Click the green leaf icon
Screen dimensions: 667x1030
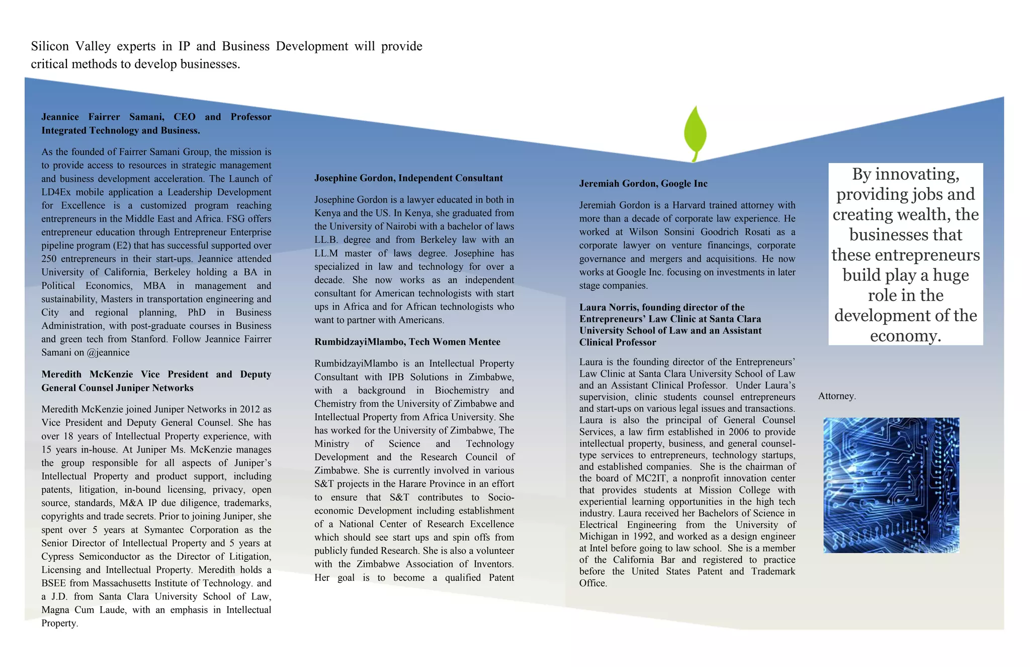[695, 132]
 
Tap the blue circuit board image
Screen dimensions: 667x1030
[891, 485]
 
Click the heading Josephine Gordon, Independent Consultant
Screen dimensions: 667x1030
[408, 178]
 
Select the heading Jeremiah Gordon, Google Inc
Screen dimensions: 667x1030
[643, 184]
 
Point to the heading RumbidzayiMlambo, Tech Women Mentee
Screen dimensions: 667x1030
[407, 342]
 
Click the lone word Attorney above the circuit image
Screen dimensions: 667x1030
[836, 396]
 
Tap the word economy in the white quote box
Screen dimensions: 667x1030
[905, 336]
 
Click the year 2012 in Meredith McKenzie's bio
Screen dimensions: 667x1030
[250, 409]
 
